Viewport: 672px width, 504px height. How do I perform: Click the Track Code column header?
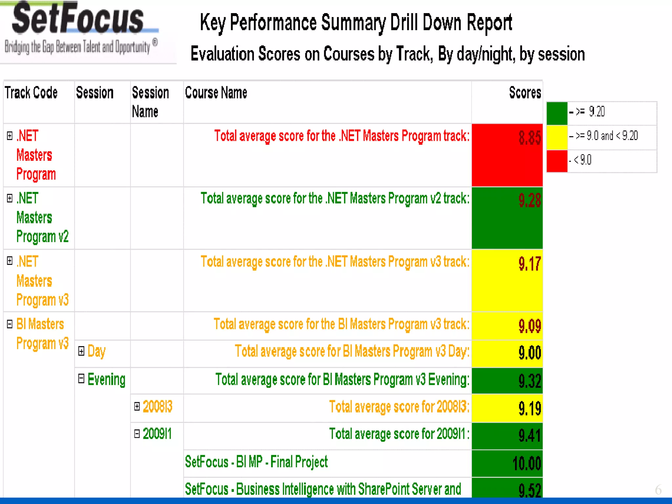click(x=31, y=93)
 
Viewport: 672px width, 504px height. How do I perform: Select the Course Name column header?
click(x=216, y=93)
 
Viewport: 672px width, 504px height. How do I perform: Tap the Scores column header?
click(x=525, y=93)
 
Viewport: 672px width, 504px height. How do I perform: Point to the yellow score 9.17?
click(x=529, y=264)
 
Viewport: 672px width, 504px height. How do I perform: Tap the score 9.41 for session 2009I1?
click(x=529, y=436)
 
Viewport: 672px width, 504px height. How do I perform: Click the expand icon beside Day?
click(x=81, y=351)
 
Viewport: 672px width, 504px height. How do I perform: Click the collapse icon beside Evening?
click(x=81, y=379)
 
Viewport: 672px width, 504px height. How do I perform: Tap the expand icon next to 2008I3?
click(x=137, y=407)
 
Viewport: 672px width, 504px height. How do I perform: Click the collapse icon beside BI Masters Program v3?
click(x=10, y=324)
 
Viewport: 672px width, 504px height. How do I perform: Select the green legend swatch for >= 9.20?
click(x=557, y=113)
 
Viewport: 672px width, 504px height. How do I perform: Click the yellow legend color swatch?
click(x=557, y=137)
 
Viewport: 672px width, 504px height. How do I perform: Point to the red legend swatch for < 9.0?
click(x=557, y=161)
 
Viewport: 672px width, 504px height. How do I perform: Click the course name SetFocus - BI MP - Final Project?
click(x=256, y=462)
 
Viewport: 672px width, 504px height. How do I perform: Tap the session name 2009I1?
click(x=157, y=434)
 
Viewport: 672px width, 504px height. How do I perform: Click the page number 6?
click(x=658, y=490)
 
